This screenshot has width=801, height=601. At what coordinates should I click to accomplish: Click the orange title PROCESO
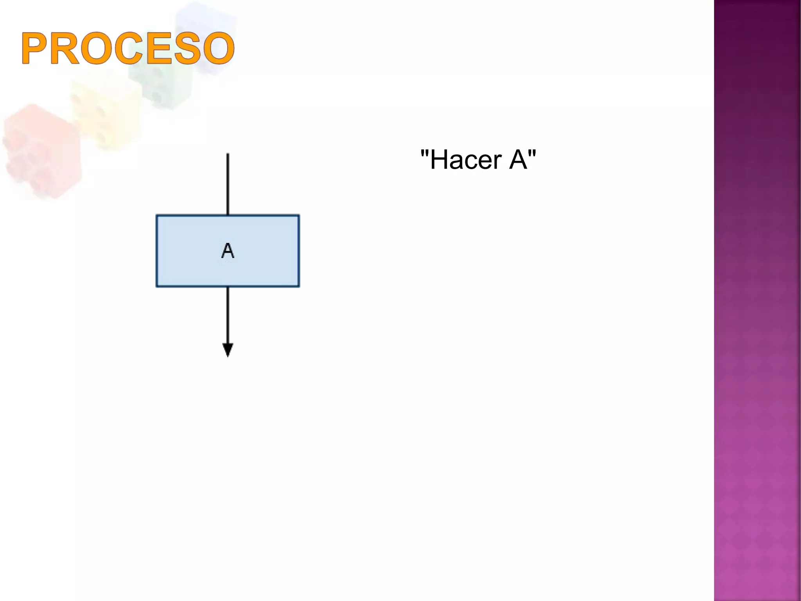point(128,49)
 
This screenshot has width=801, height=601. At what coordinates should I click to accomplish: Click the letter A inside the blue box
point(228,251)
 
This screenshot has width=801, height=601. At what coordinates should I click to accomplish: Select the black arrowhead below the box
point(228,349)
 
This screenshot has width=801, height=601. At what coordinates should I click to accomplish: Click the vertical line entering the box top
point(228,184)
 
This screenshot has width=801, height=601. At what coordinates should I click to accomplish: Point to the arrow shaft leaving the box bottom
point(228,315)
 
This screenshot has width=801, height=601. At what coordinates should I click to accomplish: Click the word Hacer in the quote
point(466,160)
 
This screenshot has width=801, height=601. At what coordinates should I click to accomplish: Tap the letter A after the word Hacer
point(518,160)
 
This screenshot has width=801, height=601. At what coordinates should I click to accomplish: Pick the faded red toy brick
point(41,151)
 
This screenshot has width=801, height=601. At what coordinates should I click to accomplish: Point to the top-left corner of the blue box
point(157,216)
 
